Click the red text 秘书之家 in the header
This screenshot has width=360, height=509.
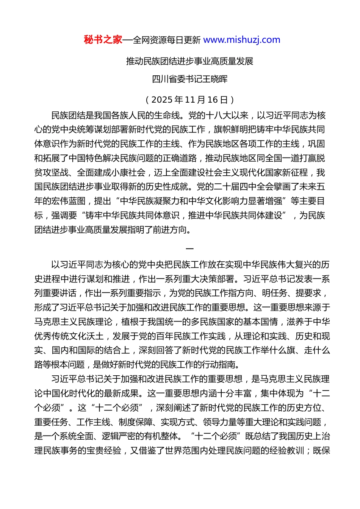(x=103, y=40)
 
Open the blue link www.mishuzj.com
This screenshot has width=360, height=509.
(x=242, y=40)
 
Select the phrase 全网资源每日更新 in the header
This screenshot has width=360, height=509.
(x=166, y=40)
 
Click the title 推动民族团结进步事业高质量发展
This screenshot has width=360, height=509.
(x=189, y=61)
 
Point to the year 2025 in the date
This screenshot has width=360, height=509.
(x=162, y=100)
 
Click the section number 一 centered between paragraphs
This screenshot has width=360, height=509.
(x=190, y=249)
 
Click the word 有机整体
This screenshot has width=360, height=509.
(x=161, y=436)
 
